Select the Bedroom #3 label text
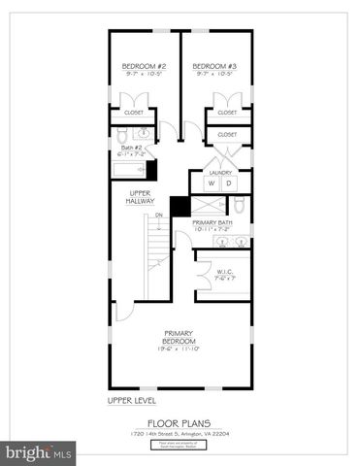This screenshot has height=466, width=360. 215,66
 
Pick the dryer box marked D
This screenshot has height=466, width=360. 229,183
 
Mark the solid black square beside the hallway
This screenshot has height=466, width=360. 179,207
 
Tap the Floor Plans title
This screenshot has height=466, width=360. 180,422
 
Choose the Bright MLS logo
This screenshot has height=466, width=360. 39,452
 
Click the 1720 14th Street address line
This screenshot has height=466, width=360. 180,433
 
